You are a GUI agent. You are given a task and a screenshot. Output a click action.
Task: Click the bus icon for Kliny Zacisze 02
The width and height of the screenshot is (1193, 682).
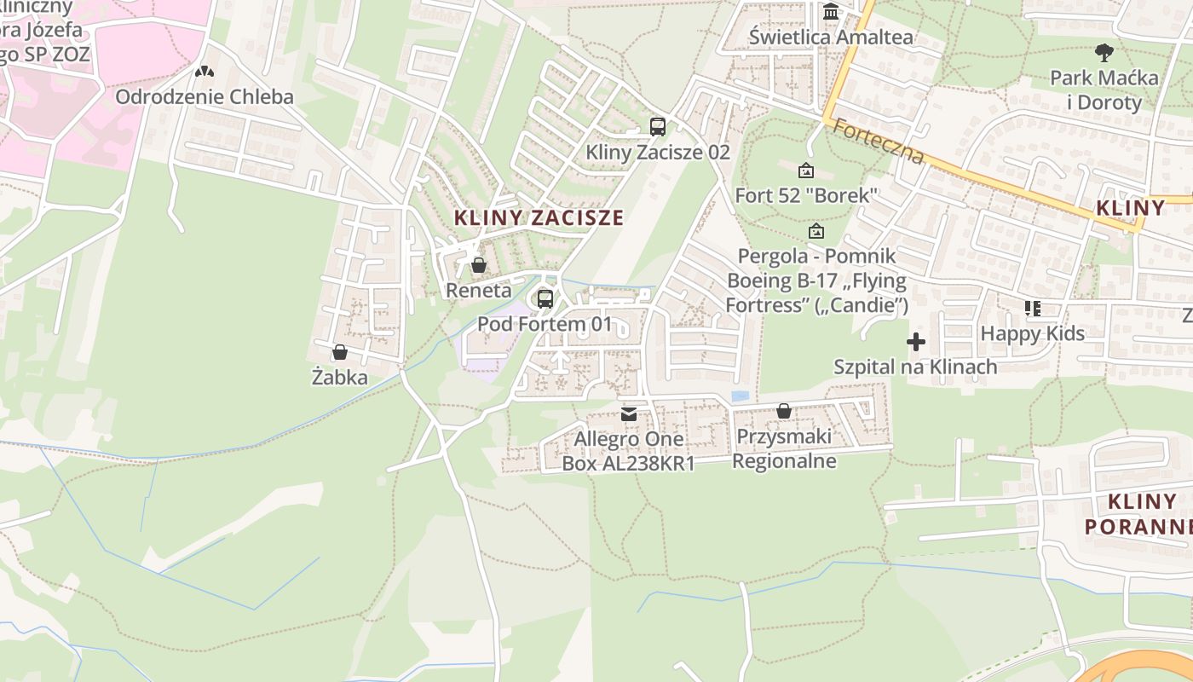(657, 127)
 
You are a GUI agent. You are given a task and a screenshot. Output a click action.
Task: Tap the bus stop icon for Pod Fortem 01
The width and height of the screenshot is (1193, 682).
(545, 299)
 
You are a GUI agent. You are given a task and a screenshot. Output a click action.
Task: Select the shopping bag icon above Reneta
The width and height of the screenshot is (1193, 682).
(479, 265)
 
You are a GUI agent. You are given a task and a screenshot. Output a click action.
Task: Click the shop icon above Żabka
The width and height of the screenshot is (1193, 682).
(340, 352)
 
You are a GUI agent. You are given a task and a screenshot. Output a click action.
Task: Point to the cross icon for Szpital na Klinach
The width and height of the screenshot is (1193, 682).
(916, 343)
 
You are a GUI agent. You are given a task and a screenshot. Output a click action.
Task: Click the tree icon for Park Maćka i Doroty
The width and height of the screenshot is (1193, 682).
(1104, 53)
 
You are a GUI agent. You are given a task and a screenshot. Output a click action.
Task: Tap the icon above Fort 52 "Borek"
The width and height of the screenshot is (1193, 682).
(806, 170)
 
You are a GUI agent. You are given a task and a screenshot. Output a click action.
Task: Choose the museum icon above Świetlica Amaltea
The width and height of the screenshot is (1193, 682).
(831, 12)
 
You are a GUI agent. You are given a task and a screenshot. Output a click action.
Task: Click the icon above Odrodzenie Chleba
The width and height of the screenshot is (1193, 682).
(204, 72)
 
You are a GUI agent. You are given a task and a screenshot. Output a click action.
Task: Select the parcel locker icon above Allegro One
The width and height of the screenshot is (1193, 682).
(629, 414)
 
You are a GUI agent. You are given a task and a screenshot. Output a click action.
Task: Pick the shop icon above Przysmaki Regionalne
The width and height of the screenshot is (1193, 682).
(784, 412)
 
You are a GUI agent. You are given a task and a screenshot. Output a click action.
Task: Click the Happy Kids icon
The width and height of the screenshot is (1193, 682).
(1033, 309)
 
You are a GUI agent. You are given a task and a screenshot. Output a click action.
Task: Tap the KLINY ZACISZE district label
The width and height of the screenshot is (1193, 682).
(539, 217)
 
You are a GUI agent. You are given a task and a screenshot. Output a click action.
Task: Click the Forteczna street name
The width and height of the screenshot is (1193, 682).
(878, 142)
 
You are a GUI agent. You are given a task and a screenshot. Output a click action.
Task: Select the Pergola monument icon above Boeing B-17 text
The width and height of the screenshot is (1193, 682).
(816, 231)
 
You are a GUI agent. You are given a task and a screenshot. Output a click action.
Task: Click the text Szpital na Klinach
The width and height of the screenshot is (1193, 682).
(915, 367)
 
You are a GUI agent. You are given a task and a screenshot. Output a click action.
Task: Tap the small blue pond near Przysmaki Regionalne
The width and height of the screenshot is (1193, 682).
(741, 396)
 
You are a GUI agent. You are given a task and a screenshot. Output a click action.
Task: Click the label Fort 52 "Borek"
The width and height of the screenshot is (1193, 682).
(806, 195)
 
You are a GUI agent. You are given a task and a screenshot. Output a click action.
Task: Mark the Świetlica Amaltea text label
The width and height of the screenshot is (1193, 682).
(831, 38)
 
